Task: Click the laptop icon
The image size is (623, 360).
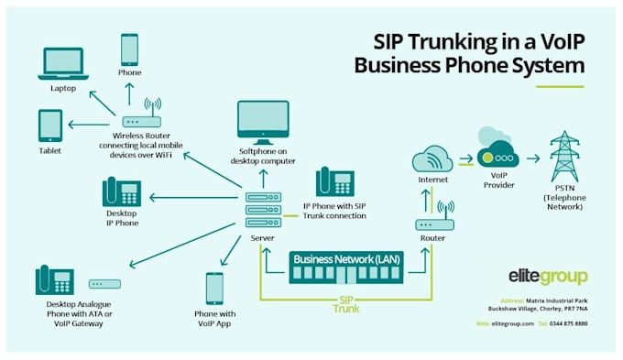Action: point(62,64)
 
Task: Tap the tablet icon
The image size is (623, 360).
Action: point(49,125)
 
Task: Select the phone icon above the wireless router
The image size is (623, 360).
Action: point(129,49)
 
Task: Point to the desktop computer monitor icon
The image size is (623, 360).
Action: point(263,119)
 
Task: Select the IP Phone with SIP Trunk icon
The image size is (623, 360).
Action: point(334,182)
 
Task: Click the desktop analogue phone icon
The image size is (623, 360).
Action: point(54,282)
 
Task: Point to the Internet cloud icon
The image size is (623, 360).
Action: point(432,161)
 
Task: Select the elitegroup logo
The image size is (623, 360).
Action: point(548,276)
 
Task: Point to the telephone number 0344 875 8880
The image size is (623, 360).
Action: point(570,324)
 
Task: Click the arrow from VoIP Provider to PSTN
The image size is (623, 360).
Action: point(533,158)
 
